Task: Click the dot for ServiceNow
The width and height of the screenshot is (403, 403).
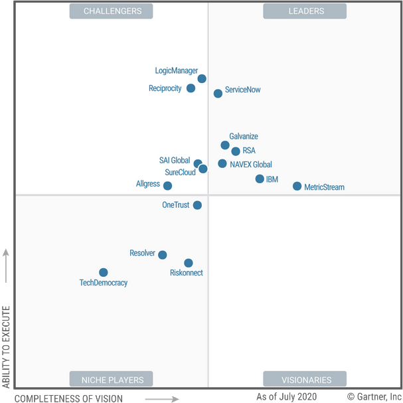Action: click(x=218, y=94)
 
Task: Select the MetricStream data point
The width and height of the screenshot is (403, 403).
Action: click(x=297, y=187)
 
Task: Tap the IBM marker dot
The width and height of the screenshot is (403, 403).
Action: click(x=260, y=179)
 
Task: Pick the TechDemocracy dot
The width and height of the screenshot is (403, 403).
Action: click(x=104, y=272)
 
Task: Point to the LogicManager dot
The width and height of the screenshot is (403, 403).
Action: click(x=202, y=79)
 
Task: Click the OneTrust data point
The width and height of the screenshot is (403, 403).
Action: click(x=197, y=205)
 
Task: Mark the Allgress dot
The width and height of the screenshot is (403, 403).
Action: click(x=167, y=186)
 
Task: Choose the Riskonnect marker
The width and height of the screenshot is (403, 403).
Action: click(x=189, y=263)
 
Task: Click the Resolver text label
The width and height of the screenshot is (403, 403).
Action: click(x=142, y=254)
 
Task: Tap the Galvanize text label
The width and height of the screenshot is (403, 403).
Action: click(x=244, y=137)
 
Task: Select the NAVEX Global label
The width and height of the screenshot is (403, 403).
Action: click(x=251, y=165)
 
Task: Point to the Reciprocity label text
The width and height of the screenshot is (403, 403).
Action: click(x=165, y=88)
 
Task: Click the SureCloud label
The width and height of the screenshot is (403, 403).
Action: click(x=180, y=173)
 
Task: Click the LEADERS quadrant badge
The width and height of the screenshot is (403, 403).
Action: click(x=305, y=11)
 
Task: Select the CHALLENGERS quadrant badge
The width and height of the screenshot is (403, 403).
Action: click(x=111, y=11)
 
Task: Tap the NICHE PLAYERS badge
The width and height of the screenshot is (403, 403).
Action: click(x=111, y=380)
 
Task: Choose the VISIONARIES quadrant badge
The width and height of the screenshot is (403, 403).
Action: click(x=305, y=380)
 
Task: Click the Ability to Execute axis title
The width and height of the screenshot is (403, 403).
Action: click(x=7, y=346)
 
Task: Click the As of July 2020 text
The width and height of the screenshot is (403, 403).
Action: click(x=286, y=396)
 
